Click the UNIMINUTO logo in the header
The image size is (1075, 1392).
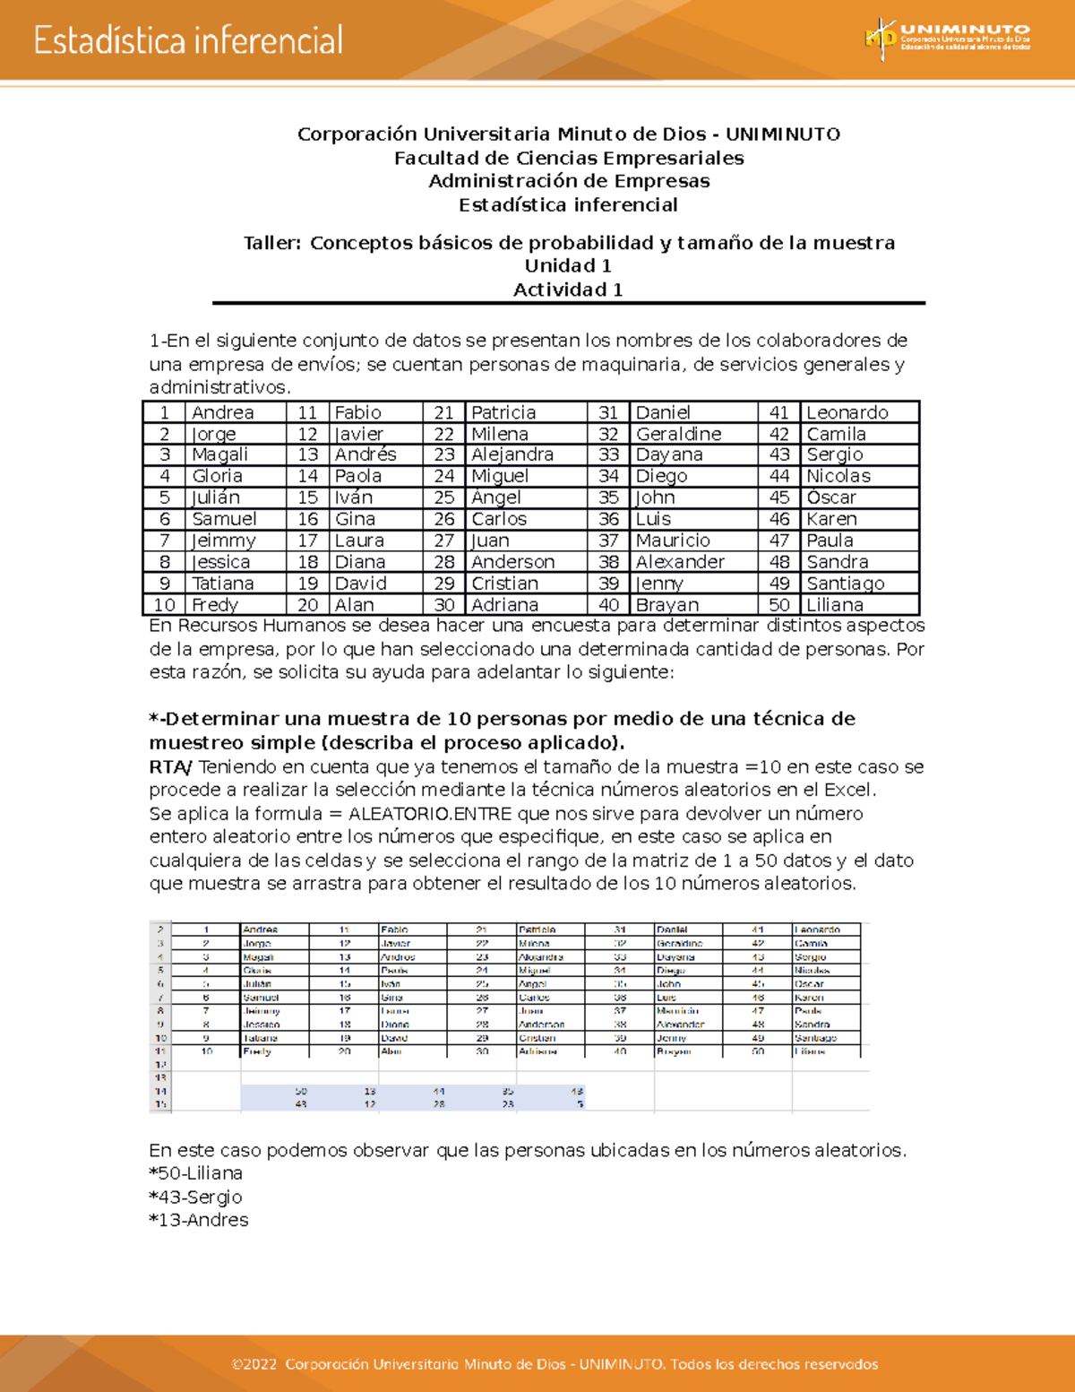pyautogui.click(x=946, y=39)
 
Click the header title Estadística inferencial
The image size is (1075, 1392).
pyautogui.click(x=188, y=41)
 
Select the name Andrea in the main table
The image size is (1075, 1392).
pyautogui.click(x=222, y=412)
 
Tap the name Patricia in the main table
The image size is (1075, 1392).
pyautogui.click(x=503, y=412)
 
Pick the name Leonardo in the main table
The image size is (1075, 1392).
pyautogui.click(x=847, y=412)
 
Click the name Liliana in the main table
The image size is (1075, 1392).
pyautogui.click(x=834, y=605)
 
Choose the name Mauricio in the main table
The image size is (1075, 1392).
pyautogui.click(x=672, y=540)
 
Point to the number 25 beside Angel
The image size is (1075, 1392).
pyautogui.click(x=444, y=497)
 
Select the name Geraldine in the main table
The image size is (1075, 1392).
pyautogui.click(x=678, y=434)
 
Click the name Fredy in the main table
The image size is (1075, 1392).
pyautogui.click(x=215, y=605)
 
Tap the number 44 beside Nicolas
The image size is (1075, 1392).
pyautogui.click(x=779, y=476)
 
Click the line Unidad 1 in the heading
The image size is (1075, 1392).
pyautogui.click(x=568, y=266)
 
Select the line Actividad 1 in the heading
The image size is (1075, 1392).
pyautogui.click(x=568, y=290)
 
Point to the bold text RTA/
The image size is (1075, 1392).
pyautogui.click(x=170, y=767)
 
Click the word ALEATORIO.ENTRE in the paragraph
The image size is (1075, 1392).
pyautogui.click(x=429, y=814)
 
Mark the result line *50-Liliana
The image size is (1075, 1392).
pyautogui.click(x=195, y=1173)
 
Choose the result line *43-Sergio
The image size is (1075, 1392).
pyautogui.click(x=195, y=1197)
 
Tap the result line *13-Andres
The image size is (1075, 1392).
pyautogui.click(x=198, y=1220)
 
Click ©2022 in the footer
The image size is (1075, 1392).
pyautogui.click(x=254, y=1364)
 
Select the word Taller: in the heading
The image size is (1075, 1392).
pyautogui.click(x=272, y=243)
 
